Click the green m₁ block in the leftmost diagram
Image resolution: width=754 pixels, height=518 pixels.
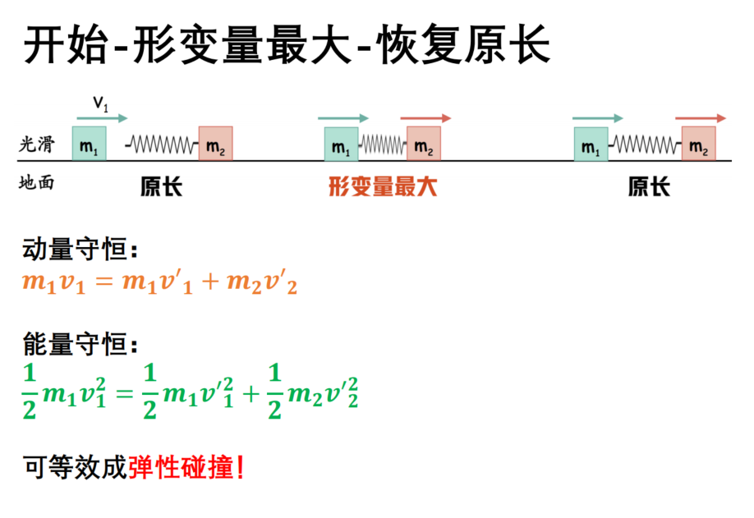click(x=90, y=143)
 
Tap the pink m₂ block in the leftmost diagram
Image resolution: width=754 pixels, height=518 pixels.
click(x=216, y=143)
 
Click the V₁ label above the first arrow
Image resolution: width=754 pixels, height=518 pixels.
click(x=101, y=103)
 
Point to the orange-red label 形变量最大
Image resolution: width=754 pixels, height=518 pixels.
click(x=383, y=186)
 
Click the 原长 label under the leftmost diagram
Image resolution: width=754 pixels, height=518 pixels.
click(x=161, y=186)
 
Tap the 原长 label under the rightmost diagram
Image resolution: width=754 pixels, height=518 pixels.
click(x=649, y=186)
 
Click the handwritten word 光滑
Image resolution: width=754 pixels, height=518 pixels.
click(x=36, y=144)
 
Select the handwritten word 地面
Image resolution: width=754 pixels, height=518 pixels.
click(x=36, y=182)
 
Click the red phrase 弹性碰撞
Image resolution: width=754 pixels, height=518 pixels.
click(x=181, y=467)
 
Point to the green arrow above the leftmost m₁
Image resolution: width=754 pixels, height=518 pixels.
click(x=102, y=118)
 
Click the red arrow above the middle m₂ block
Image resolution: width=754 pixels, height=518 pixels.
click(x=425, y=118)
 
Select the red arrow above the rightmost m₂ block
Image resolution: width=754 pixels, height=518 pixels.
click(x=701, y=118)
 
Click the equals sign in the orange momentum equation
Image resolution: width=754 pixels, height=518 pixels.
click(x=104, y=282)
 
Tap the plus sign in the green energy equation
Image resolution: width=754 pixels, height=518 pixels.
click(x=251, y=395)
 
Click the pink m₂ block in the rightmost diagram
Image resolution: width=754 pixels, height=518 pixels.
click(x=699, y=143)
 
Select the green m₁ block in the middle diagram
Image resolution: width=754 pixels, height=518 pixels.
click(x=342, y=144)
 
